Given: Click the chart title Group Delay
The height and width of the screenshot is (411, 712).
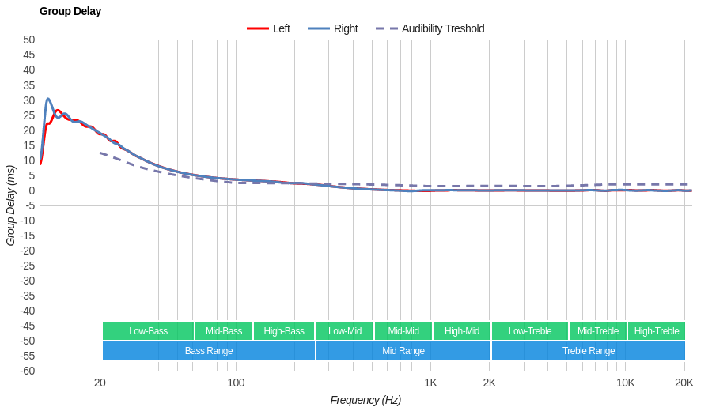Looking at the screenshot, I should point(70,11).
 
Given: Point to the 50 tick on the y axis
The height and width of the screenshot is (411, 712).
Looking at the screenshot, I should point(28,40).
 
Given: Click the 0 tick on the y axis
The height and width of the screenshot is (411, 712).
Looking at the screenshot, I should point(32,190).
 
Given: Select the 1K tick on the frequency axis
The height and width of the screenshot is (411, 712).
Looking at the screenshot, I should point(430,383).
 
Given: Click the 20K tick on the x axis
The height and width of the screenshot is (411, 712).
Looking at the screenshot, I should point(684,383).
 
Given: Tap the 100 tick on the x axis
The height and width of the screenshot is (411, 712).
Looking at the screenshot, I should point(236,383).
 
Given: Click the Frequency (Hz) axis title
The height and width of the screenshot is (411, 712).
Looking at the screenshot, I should point(365,400).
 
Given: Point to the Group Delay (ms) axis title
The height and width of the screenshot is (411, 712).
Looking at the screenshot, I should point(10,205).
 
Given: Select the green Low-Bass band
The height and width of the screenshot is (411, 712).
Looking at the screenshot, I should point(148,331).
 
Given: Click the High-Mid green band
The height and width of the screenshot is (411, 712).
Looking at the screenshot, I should point(462,331).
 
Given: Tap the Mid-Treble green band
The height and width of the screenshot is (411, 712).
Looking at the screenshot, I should point(598,331).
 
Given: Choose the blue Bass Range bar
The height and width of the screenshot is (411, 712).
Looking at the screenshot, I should point(209,351).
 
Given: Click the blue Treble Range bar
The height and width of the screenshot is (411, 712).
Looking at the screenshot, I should point(589,351).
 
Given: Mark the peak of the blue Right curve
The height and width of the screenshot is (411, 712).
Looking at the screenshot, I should point(48,99).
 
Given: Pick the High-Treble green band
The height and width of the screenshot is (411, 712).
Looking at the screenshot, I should point(657,331).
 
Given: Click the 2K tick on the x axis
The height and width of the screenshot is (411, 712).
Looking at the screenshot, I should point(490,383).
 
